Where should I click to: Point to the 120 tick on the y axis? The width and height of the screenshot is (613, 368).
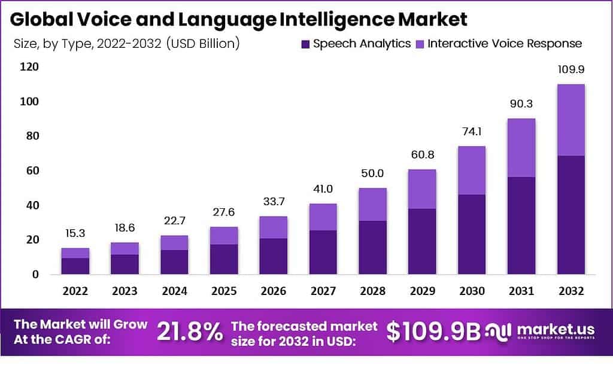coord(28,67)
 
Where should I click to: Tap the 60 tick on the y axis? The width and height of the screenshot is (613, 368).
coord(31,171)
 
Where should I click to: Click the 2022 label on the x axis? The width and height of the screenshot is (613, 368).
coord(75,291)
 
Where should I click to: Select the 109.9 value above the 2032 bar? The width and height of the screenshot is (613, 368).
coord(570,69)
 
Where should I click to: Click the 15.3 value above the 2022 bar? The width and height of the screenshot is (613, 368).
coord(75,233)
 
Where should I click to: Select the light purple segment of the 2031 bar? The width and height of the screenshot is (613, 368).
coord(522,148)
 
